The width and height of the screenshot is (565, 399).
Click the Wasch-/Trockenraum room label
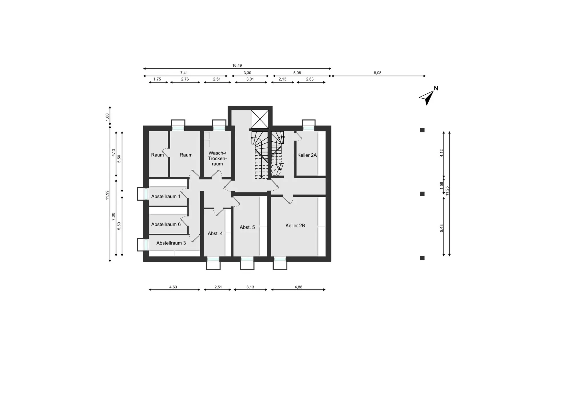click(217, 158)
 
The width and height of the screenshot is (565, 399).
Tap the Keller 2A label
click(307, 155)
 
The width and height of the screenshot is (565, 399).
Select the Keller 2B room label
click(295, 225)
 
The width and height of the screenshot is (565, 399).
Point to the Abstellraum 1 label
click(166, 196)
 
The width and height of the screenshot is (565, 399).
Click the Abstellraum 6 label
click(166, 224)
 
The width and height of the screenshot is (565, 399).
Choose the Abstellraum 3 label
click(171, 243)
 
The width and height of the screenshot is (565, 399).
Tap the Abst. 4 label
click(215, 233)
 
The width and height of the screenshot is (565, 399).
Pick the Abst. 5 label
click(247, 227)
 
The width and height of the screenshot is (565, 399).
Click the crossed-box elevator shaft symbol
click(260, 119)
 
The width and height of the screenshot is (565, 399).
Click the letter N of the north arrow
click(436, 88)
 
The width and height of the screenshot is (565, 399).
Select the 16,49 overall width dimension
click(237, 66)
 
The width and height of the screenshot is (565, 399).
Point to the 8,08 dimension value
click(378, 73)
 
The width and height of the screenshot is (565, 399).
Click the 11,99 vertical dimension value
click(107, 195)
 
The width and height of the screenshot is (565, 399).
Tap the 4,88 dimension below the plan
click(298, 287)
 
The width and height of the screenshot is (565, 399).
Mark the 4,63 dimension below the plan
click(173, 287)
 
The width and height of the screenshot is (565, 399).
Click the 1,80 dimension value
click(107, 116)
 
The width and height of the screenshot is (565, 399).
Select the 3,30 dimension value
click(247, 73)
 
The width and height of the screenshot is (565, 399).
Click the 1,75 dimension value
click(157, 79)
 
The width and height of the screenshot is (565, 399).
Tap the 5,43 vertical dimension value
click(441, 228)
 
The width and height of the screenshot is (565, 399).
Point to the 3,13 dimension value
click(250, 287)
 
